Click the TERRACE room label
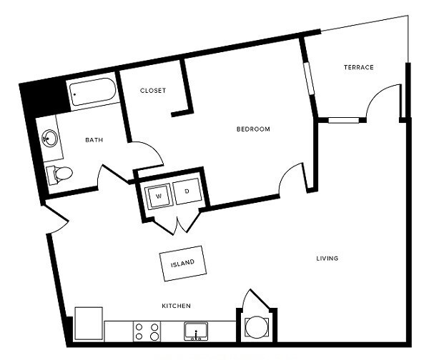click(358, 68)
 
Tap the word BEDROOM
click(253, 129)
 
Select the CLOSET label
click(152, 91)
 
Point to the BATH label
click(94, 140)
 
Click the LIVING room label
click(327, 258)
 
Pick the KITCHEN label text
click(175, 306)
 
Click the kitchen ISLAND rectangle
click(182, 262)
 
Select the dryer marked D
click(187, 193)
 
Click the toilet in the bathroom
click(59, 173)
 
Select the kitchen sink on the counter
click(195, 331)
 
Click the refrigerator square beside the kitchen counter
click(88, 323)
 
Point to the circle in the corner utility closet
click(255, 326)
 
